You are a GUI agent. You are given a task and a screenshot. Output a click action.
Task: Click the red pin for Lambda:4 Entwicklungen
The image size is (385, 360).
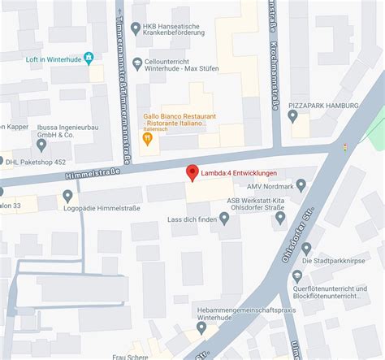(192, 172)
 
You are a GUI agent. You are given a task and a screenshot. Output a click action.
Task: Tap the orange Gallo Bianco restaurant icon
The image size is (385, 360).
(148, 138)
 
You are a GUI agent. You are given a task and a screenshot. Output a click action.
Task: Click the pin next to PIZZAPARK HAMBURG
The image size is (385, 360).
(293, 116)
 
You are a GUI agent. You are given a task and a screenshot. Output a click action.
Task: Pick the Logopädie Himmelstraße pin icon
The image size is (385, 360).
(68, 196)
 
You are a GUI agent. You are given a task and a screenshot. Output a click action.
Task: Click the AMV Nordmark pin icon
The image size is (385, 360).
(301, 185)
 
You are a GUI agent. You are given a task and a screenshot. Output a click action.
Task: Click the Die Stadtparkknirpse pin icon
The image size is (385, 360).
(306, 248)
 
